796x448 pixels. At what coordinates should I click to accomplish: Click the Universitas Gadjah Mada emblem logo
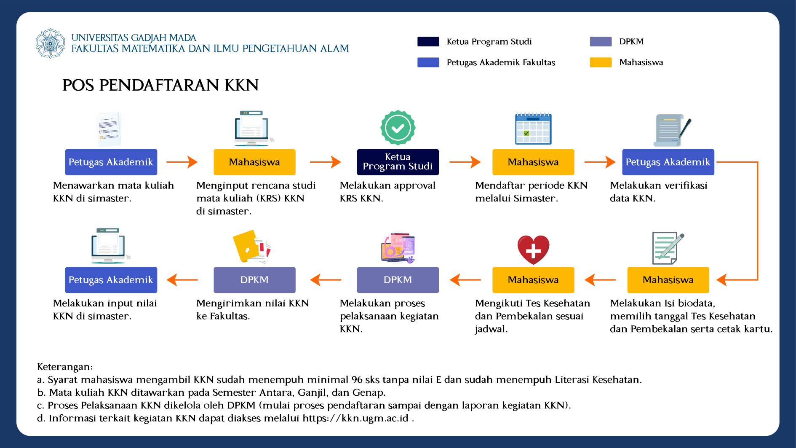point(50,43)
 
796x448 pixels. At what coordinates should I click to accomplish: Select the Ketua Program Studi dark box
point(398,162)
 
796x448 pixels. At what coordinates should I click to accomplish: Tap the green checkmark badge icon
point(398,128)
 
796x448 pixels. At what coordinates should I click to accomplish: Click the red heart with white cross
point(533,249)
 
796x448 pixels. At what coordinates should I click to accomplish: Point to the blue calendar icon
point(533,129)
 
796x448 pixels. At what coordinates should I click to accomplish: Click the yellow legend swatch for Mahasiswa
point(601,62)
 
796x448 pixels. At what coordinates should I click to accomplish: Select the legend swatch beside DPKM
point(601,41)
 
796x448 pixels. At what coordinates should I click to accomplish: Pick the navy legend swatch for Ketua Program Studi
point(428,41)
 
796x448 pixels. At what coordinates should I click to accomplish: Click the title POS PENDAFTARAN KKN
point(160,85)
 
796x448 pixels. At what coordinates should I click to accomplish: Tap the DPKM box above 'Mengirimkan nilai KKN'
point(254,280)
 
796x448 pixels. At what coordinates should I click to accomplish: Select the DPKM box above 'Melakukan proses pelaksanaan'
point(398,280)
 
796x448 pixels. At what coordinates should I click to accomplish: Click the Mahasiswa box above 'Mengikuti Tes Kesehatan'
point(533,280)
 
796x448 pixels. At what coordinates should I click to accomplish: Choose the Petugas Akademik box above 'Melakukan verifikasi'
point(668,162)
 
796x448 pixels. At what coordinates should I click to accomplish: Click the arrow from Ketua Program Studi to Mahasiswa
point(465,162)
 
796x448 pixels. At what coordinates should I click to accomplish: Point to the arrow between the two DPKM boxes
point(326,280)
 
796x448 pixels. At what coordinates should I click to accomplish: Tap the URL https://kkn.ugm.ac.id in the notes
point(355,418)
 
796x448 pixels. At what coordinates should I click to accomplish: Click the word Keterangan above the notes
point(65,367)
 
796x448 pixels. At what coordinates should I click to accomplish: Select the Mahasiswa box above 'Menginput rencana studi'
point(254,162)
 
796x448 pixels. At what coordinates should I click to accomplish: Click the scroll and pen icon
point(672,130)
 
